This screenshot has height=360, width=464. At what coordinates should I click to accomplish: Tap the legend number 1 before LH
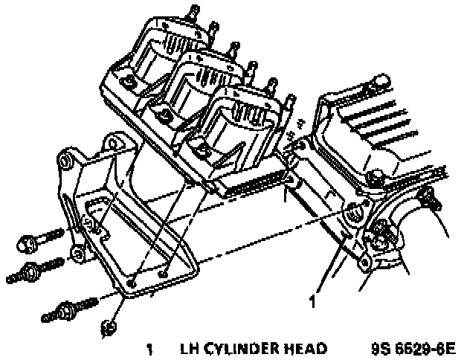150,348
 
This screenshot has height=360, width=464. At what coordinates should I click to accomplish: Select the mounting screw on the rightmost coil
201,152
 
